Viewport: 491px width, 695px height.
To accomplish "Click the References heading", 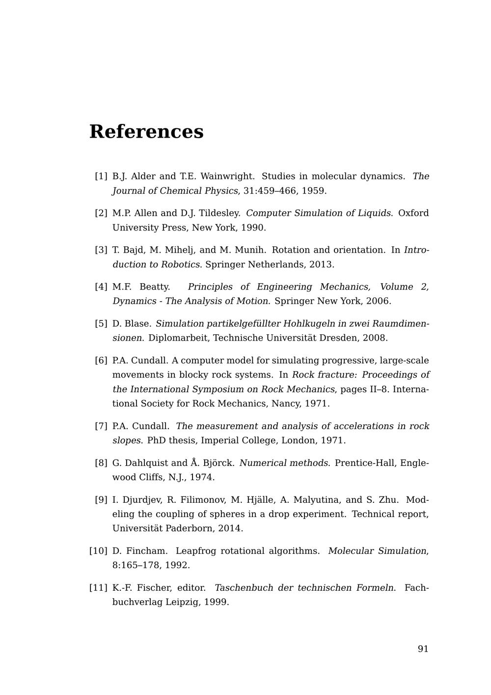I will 146,132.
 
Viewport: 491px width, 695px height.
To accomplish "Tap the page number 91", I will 423,649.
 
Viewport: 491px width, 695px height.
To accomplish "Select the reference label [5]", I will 101,323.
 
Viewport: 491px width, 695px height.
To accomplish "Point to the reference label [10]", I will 98,551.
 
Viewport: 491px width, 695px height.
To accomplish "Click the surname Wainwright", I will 227,176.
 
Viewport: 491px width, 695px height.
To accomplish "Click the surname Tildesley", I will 219,213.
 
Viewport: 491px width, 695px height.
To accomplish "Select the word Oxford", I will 413,213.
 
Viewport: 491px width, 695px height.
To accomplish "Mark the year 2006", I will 378,301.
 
